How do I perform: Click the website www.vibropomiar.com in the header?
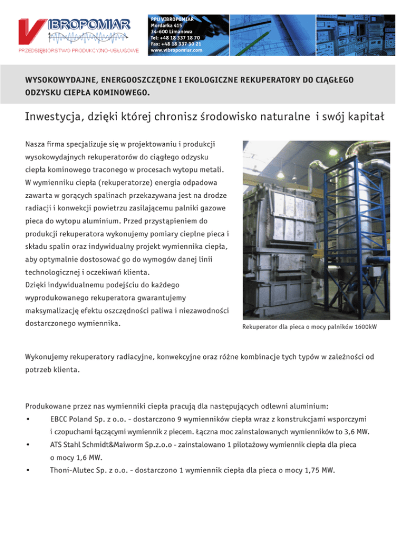[x=176, y=50]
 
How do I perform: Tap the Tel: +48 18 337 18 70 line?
[x=175, y=38]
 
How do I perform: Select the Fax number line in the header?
[x=176, y=44]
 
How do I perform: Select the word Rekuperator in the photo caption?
[x=261, y=328]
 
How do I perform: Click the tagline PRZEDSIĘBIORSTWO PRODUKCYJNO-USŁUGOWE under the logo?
[x=80, y=50]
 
